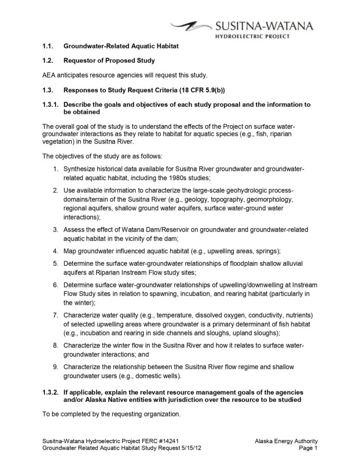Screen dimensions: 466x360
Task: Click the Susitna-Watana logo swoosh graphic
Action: pos(190,26)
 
